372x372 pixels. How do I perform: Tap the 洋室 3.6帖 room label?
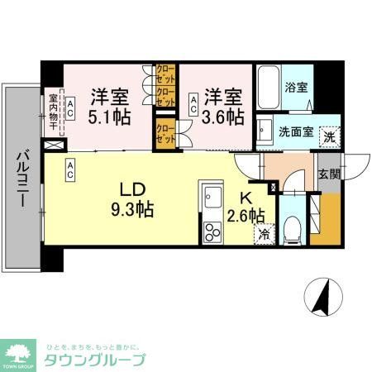[224, 104]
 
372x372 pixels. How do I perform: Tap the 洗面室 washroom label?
[293, 131]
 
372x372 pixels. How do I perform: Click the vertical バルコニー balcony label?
[23, 181]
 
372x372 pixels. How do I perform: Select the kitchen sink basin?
[212, 199]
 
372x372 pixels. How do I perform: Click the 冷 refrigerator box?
[263, 233]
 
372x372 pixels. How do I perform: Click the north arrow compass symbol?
[321, 298]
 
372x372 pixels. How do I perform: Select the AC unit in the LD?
[71, 170]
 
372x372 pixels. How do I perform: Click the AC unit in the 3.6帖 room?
[193, 105]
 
